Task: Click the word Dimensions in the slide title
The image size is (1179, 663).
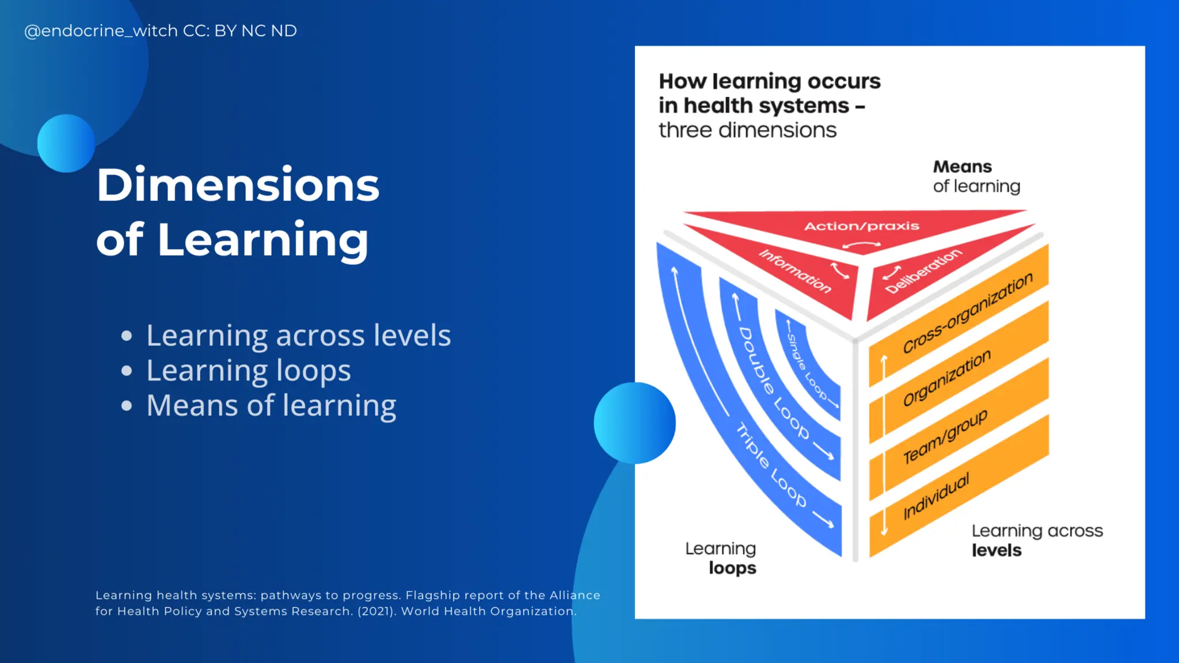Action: pos(238,185)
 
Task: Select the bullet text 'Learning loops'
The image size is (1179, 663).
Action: pos(248,370)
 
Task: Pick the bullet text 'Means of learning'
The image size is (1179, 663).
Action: pos(271,405)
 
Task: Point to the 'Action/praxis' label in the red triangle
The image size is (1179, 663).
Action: pos(861,226)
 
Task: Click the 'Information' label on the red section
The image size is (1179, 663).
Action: pos(795,271)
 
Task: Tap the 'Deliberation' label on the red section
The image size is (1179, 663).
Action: pos(923,271)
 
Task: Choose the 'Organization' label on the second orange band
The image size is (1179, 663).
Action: pos(946,378)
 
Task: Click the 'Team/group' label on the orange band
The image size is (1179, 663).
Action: pos(945,436)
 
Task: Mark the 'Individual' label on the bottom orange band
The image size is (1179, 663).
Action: pos(936,496)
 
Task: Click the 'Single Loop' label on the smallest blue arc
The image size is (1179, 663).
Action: pos(807,366)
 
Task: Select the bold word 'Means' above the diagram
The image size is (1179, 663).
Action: pos(962,167)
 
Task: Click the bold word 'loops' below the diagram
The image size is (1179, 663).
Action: pos(732,568)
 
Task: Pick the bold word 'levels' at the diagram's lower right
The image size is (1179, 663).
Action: pos(997,550)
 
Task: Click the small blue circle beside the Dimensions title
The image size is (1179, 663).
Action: pos(66,143)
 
